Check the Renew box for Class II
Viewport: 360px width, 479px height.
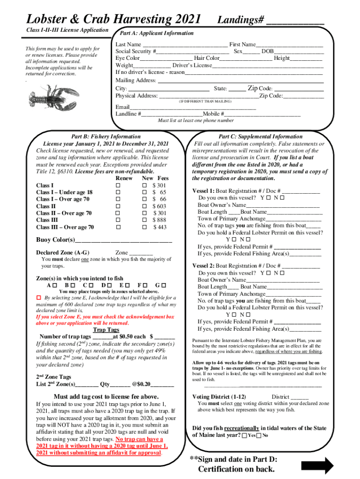point(118,206)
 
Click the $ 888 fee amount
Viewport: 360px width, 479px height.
point(159,220)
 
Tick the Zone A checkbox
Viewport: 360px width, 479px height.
point(55,285)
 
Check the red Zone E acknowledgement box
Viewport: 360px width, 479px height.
point(39,298)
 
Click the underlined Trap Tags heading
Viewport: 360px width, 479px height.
point(106,330)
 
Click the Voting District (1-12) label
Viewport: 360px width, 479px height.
point(219,397)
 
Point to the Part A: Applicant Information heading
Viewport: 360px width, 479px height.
point(157,33)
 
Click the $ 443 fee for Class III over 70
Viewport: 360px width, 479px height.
point(159,227)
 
